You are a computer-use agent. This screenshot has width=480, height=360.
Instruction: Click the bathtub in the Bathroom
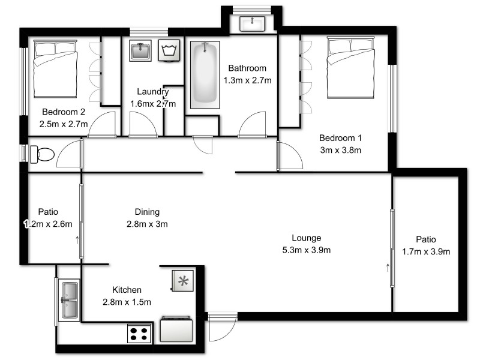(x=205, y=74)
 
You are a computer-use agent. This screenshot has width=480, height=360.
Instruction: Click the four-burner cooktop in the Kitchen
(x=139, y=333)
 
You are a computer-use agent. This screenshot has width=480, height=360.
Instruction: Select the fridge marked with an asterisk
(x=182, y=280)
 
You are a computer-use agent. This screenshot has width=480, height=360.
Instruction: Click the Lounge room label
(x=306, y=238)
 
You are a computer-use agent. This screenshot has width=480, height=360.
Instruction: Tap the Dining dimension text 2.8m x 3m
(x=147, y=224)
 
